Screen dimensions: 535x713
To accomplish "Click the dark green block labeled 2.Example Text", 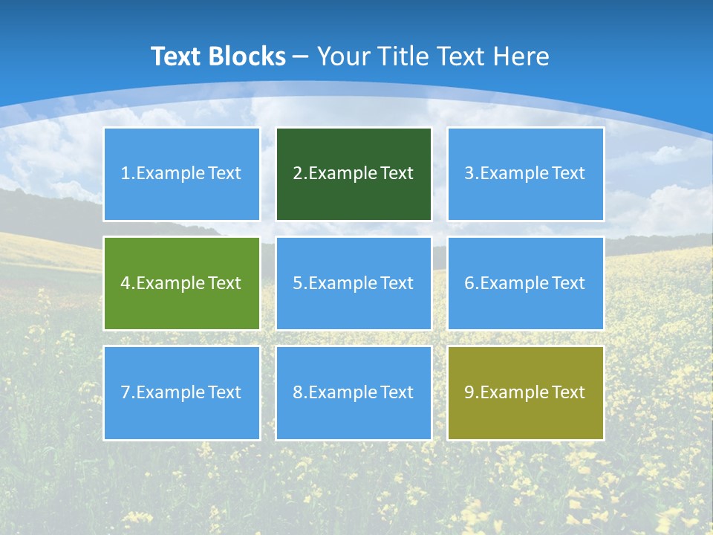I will pos(354,174).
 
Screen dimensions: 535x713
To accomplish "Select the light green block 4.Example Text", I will pos(181,283).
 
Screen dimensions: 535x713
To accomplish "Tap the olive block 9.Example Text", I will pos(525,392).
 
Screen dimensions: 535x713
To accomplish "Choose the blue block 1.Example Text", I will pos(181,174).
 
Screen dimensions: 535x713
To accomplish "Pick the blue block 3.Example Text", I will pos(525,174).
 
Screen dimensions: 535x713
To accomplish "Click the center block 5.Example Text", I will pos(354,283).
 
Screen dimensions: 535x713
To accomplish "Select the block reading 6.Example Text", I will pos(525,283).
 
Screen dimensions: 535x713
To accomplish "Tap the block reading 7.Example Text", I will pos(181,392).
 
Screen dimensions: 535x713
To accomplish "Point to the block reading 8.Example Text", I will pos(354,392).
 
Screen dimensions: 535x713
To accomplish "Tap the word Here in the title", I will pos(524,56).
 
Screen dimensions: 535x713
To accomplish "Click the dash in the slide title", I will pos(301,57).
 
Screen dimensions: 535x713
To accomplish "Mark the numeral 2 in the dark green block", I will pos(297,174).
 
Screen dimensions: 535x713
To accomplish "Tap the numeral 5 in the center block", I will pos(297,283).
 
